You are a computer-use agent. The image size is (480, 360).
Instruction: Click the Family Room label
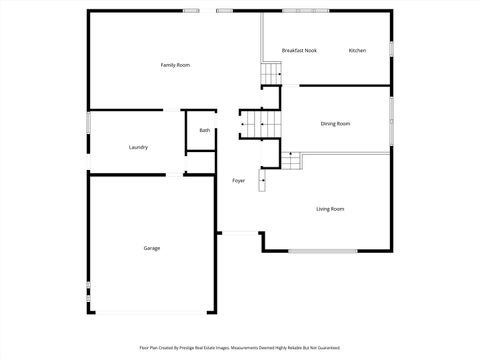pos(175,65)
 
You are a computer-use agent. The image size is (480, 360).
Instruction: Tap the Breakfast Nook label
pos(299,50)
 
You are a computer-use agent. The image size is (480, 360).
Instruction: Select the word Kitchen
pos(357,50)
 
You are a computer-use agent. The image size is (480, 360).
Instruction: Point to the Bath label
pos(204,130)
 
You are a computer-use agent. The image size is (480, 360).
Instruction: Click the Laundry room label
pos(138,147)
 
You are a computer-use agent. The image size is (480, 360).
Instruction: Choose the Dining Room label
pos(335,123)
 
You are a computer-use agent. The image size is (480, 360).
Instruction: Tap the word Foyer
pos(238,181)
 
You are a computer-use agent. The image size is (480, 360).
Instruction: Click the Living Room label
pos(330,209)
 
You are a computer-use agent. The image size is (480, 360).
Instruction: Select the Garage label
pos(151,248)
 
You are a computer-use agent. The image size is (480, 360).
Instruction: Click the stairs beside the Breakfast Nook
pos(272,74)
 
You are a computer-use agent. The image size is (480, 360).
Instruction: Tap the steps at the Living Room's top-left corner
pos(291,160)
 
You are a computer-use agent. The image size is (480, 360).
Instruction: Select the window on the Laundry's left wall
pos(88,122)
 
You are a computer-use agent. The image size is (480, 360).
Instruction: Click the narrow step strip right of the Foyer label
pos(263,180)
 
